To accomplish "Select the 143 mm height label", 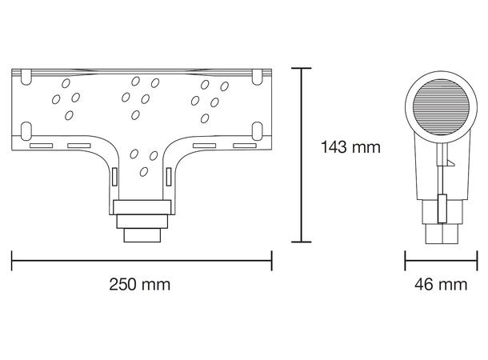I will coord(350,147).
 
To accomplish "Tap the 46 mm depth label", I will coord(441,285).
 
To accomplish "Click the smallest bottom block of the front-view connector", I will coord(142,235).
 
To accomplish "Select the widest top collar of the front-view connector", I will coord(142,206).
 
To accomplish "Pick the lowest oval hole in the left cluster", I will coord(69,114).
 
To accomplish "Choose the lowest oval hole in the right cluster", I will coord(206,119).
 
